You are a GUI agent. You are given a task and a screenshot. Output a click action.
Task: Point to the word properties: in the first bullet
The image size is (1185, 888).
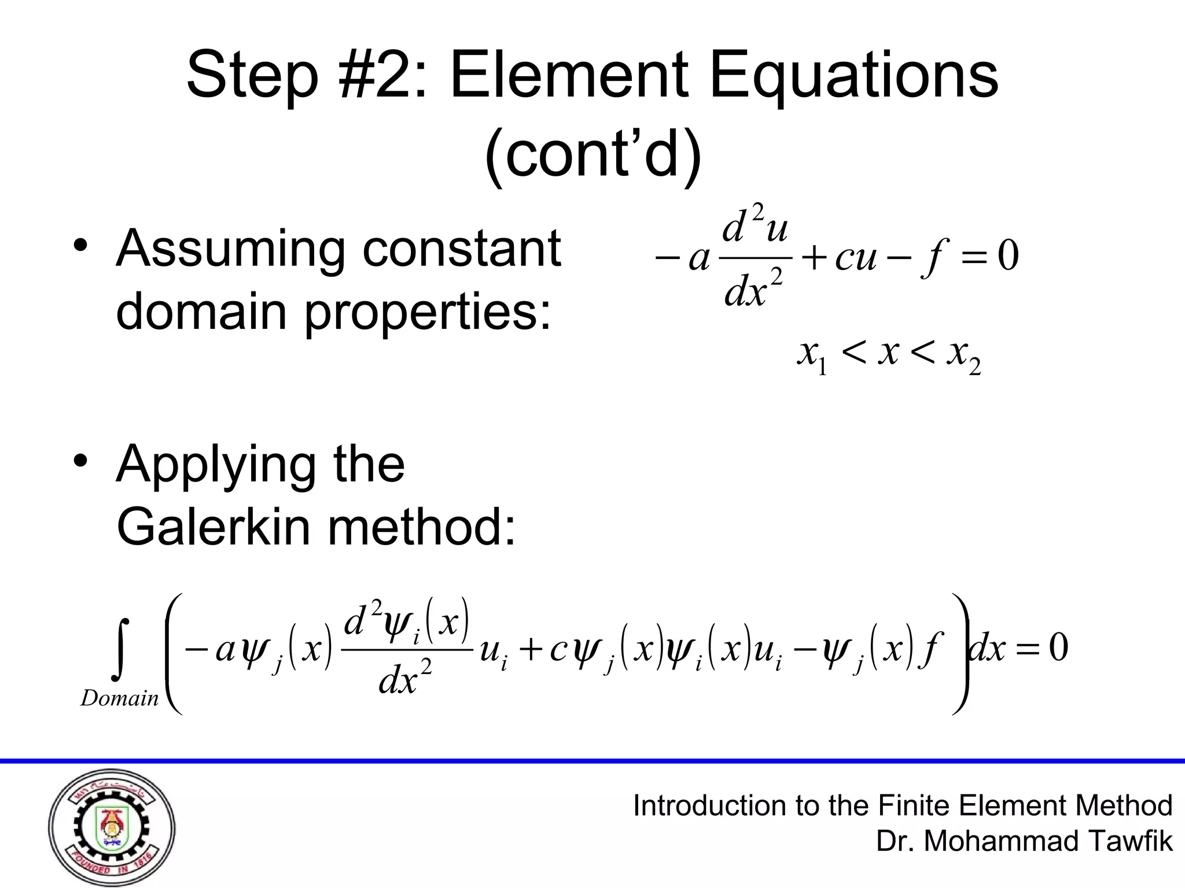click(x=428, y=313)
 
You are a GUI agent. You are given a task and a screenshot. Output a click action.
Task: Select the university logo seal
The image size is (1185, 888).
click(x=112, y=828)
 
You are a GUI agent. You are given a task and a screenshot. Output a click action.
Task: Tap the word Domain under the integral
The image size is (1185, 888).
click(x=119, y=698)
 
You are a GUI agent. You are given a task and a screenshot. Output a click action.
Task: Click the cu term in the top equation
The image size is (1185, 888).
click(x=855, y=258)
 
